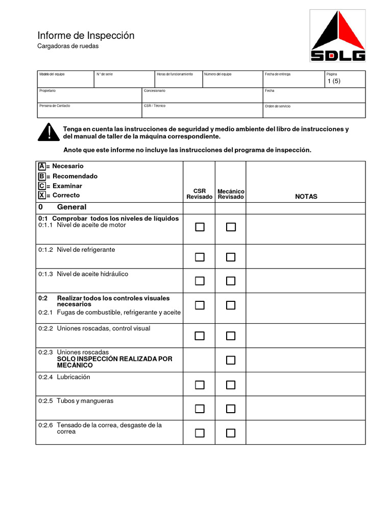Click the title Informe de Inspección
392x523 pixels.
[86, 35]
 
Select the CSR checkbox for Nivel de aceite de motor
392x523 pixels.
[200, 227]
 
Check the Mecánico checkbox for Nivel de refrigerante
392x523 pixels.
[231, 257]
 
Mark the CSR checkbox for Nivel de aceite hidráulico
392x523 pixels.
[200, 281]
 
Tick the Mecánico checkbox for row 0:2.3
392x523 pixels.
[231, 360]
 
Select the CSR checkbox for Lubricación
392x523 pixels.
[200, 385]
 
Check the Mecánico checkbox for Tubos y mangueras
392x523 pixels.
[231, 409]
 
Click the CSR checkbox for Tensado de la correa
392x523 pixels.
[200, 433]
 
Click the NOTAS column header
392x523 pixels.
[306, 197]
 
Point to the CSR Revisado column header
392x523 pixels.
[200, 194]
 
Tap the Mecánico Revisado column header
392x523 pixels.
[231, 194]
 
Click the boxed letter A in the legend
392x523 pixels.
[41, 167]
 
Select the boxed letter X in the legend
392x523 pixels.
[41, 195]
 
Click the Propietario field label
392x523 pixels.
[47, 90]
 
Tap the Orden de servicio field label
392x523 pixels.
[278, 106]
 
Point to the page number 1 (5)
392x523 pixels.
[333, 82]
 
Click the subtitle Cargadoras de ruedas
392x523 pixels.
[68, 46]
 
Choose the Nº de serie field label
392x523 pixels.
[105, 75]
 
